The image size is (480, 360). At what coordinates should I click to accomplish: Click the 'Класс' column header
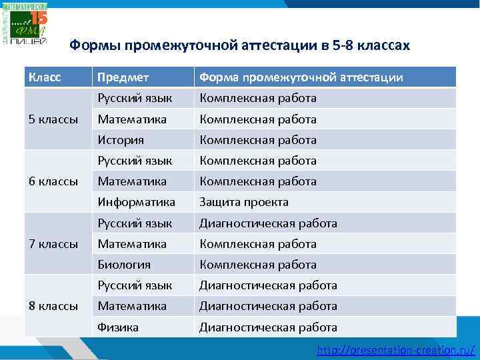[45, 77]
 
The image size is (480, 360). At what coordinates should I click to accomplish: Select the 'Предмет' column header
[123, 77]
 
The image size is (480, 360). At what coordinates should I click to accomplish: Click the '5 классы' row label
[53, 119]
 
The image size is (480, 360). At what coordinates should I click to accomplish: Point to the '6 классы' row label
[53, 181]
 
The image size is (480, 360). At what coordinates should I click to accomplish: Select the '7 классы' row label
[53, 244]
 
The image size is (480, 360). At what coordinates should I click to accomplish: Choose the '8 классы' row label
[53, 306]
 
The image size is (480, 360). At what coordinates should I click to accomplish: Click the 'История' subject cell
[121, 140]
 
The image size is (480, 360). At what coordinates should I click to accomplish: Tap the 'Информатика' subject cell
[136, 202]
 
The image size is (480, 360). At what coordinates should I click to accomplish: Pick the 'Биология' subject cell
[124, 265]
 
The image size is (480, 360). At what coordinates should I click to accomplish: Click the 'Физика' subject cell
[118, 327]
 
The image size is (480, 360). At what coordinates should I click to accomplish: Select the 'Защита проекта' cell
[244, 202]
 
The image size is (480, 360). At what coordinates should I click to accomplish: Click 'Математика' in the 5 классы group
[132, 119]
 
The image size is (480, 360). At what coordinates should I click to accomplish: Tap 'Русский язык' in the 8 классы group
[135, 285]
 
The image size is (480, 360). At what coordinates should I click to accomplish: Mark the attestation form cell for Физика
[268, 327]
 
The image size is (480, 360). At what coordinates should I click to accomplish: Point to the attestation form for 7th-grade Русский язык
[268, 223]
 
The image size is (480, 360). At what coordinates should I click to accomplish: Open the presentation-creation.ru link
[396, 349]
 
